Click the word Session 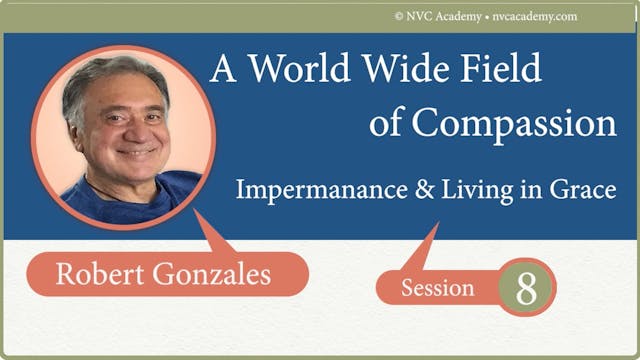point(437,289)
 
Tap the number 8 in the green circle point(527,288)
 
